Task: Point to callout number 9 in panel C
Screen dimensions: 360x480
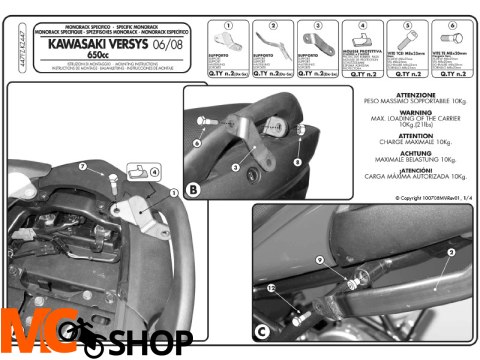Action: (x=318, y=260)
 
